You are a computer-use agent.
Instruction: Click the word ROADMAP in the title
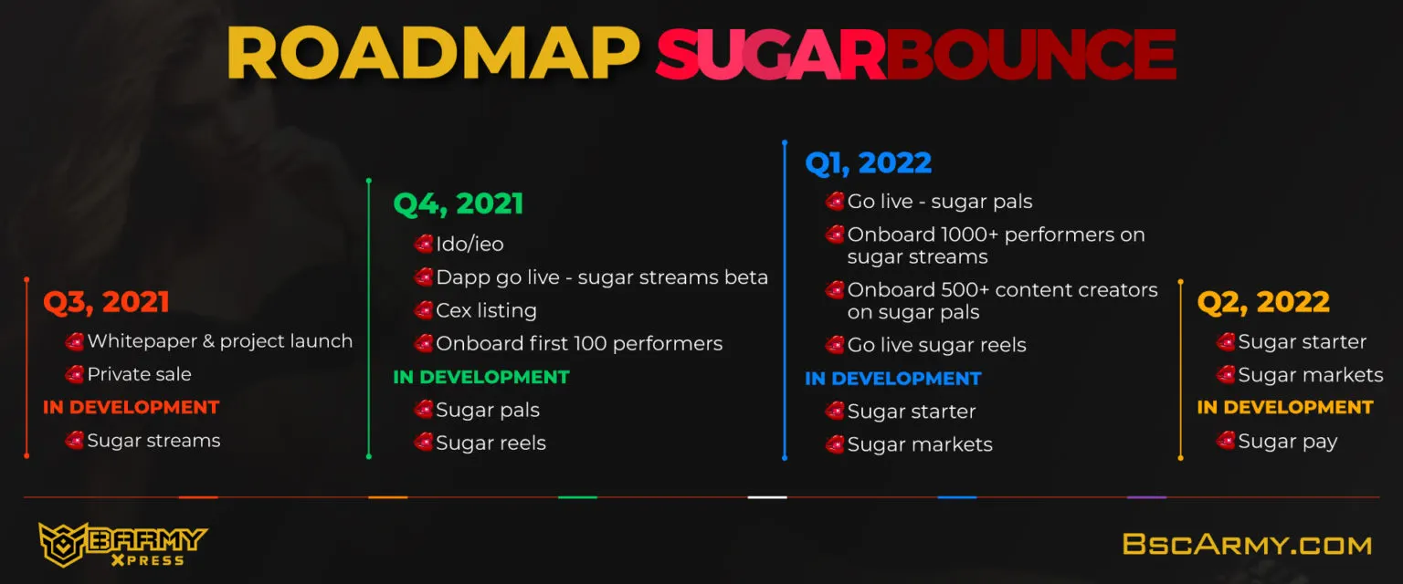pos(433,54)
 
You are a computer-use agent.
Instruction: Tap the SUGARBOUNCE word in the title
pos(916,55)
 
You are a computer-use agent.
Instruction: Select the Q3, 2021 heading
pos(107,303)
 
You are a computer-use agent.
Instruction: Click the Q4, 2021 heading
pos(459,204)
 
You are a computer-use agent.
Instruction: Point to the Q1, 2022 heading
pos(869,163)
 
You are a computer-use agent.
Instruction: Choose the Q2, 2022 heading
pos(1263,303)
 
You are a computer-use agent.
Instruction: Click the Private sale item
pos(139,374)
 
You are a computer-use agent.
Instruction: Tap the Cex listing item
pos(486,310)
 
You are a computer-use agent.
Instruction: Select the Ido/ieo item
pos(469,245)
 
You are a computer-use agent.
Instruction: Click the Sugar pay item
pos(1288,442)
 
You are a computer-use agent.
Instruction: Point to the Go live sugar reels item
pos(937,345)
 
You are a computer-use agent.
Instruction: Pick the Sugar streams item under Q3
pos(153,441)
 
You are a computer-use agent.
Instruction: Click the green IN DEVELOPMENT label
pos(481,378)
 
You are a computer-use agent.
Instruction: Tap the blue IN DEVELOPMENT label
pos(893,379)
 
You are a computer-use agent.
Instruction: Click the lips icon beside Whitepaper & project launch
pos(75,341)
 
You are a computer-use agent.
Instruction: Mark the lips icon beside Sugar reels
pos(424,443)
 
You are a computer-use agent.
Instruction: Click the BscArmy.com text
pos(1247,545)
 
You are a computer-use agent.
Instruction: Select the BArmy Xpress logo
pos(122,545)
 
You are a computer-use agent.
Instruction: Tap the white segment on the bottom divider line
pos(767,497)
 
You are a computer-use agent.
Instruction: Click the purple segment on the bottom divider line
pos(1146,497)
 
